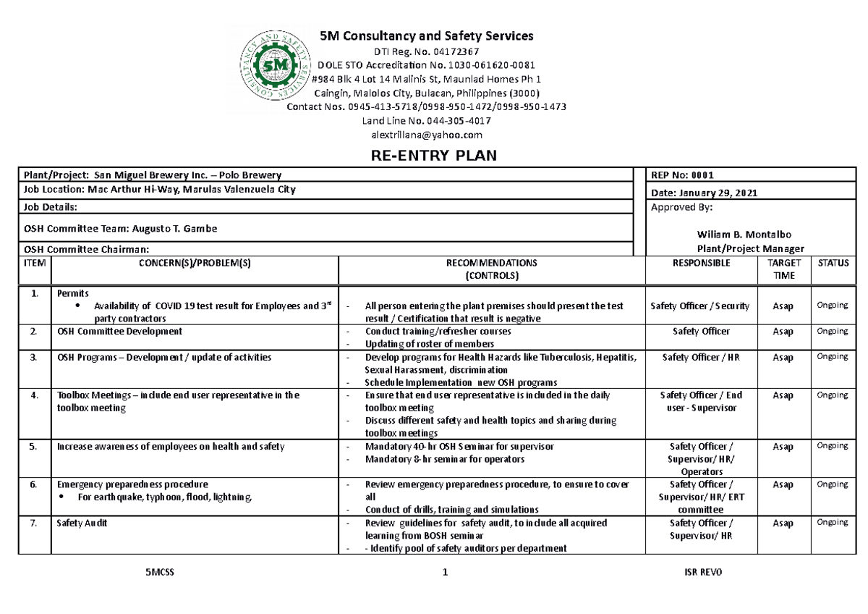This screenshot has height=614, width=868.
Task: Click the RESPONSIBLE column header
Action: [700, 264]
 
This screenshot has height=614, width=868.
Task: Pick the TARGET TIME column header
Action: [783, 269]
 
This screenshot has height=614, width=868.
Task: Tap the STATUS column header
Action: [833, 264]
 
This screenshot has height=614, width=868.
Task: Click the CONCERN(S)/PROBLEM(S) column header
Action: [195, 264]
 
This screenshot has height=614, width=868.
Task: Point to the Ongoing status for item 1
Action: [832, 306]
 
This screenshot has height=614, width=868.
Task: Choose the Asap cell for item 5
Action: [783, 447]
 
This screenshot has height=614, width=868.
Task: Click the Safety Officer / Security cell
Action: [700, 306]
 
